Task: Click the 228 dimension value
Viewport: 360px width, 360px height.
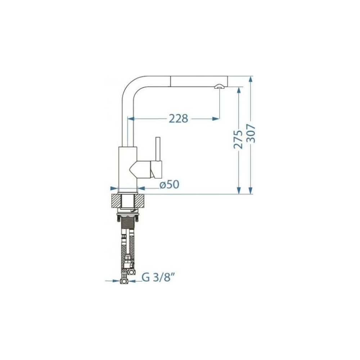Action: pos(179,118)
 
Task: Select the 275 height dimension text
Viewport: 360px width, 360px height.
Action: pos(238,139)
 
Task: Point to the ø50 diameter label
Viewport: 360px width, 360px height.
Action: pos(170,184)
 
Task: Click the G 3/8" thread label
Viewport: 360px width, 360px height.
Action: pos(159,277)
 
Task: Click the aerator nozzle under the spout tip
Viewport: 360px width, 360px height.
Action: pos(218,86)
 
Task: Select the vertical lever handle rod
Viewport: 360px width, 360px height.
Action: pos(158,149)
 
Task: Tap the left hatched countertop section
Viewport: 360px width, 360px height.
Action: pos(116,201)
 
